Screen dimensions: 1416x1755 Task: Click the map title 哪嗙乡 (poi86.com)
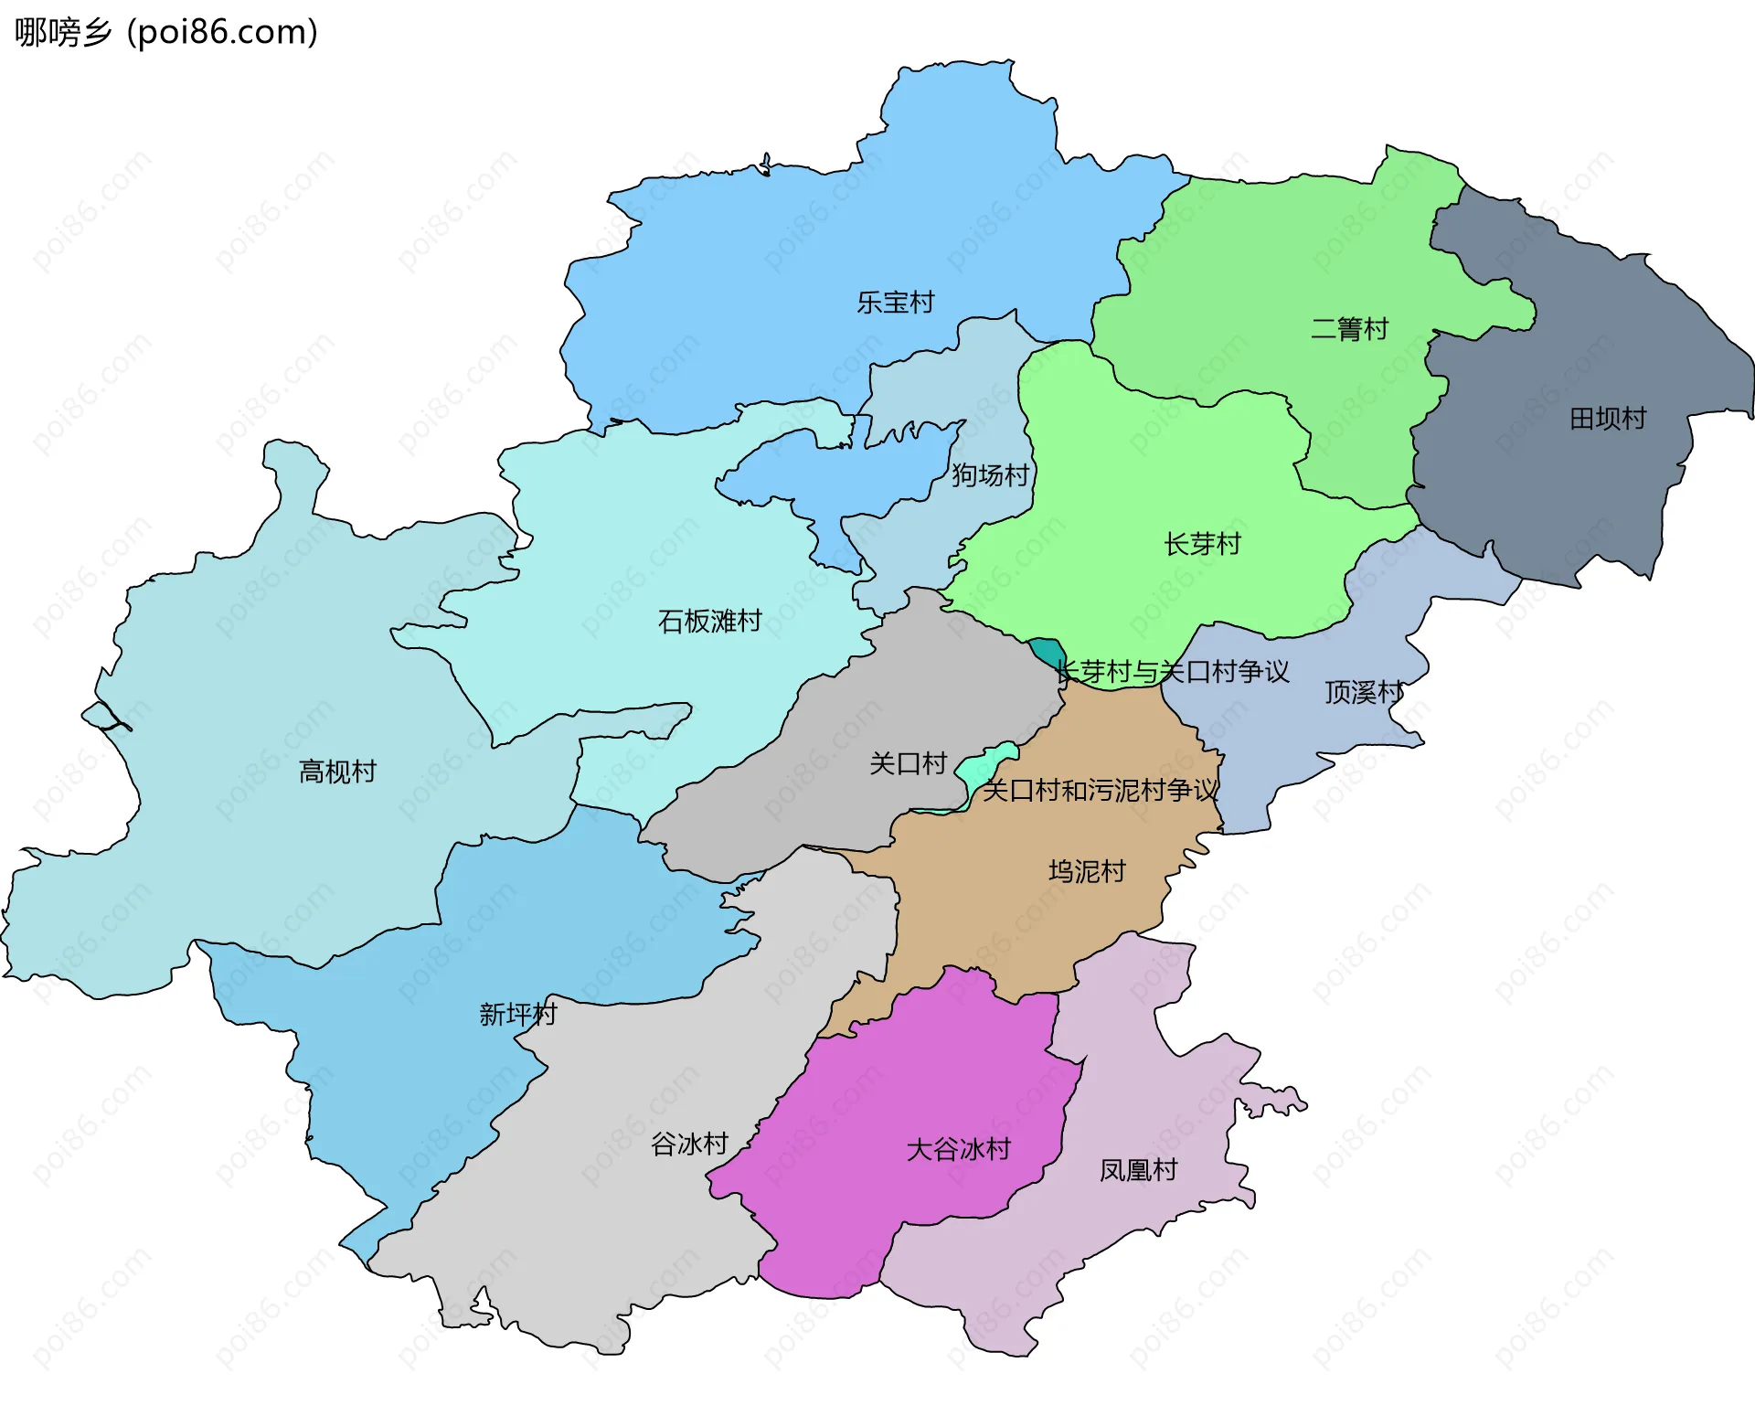click(x=165, y=32)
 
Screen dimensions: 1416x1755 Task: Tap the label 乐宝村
click(x=895, y=303)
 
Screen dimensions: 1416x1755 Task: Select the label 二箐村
click(x=1349, y=329)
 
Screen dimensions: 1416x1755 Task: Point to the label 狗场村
click(x=990, y=475)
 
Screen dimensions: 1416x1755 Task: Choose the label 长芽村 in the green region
click(x=1202, y=545)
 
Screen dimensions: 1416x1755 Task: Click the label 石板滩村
click(x=709, y=622)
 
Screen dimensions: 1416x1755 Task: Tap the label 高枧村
click(x=337, y=772)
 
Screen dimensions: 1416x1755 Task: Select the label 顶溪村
click(x=1363, y=693)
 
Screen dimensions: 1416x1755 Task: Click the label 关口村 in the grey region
click(x=907, y=763)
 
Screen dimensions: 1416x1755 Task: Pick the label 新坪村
click(x=517, y=1015)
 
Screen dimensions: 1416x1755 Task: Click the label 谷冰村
click(x=689, y=1145)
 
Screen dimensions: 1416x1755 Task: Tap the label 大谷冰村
click(x=958, y=1150)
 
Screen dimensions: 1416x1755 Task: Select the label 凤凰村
click(x=1138, y=1171)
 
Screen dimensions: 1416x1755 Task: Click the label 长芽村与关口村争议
click(x=1172, y=672)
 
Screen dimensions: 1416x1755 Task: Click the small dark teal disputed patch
click(x=1044, y=650)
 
